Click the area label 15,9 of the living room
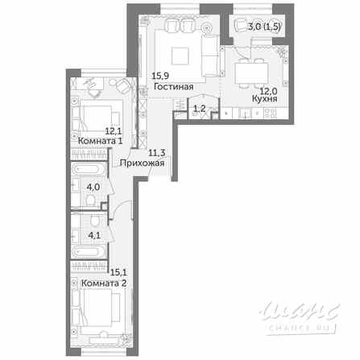159,79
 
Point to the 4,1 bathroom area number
92,237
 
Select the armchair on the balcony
240,27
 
